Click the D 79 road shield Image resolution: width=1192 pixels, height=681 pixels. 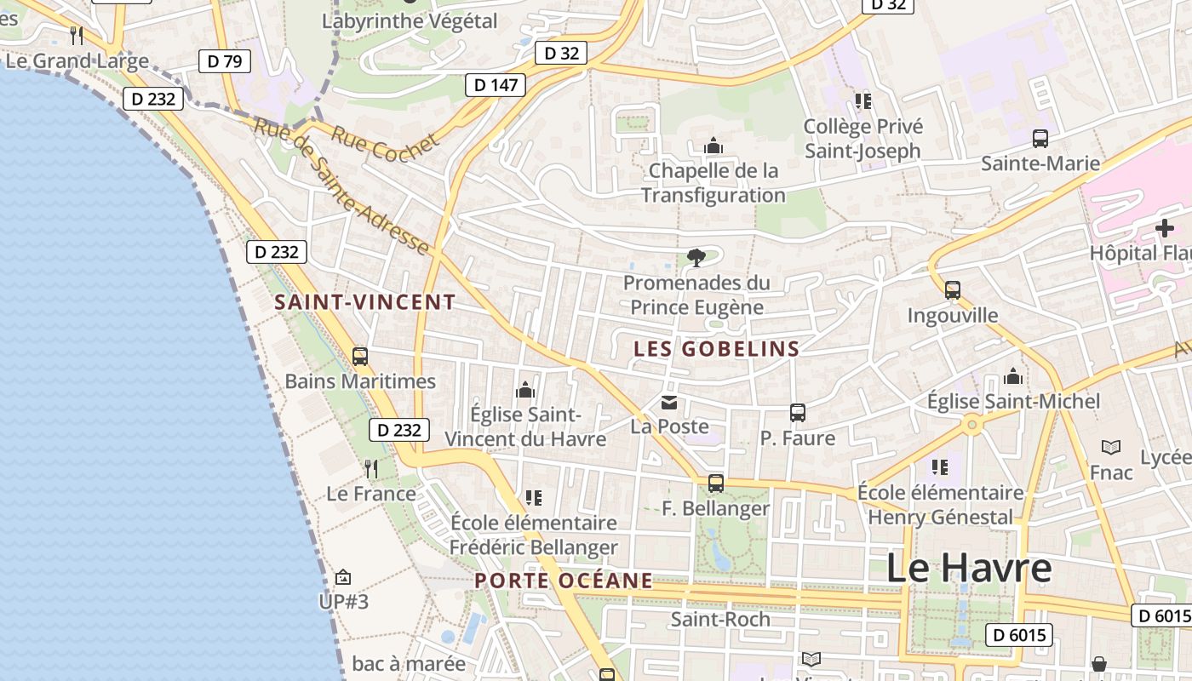(x=225, y=60)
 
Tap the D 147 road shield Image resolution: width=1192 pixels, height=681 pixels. (x=495, y=84)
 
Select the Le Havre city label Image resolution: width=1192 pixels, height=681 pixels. (x=969, y=568)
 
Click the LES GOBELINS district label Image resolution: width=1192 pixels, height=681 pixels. (x=717, y=348)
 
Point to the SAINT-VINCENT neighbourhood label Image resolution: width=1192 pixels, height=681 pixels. (x=365, y=302)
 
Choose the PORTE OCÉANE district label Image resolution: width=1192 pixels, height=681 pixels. (x=564, y=581)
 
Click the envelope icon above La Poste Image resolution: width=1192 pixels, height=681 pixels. (x=669, y=402)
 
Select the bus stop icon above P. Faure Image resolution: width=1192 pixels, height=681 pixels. (x=798, y=413)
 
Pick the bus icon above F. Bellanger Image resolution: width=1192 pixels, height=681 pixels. (x=716, y=484)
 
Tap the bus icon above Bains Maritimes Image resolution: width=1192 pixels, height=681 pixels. (x=360, y=356)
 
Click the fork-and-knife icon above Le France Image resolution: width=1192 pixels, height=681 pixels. (x=371, y=469)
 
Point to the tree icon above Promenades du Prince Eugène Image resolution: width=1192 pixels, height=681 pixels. (x=696, y=257)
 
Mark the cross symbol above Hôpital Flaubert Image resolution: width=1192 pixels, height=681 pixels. (x=1164, y=228)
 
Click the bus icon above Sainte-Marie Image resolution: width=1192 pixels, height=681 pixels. (x=1040, y=138)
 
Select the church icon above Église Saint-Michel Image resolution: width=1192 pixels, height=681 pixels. (x=1013, y=376)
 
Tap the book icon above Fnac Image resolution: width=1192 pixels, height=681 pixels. (x=1111, y=447)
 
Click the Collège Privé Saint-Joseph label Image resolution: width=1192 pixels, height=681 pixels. (x=862, y=139)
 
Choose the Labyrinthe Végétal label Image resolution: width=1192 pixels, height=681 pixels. (x=410, y=21)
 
